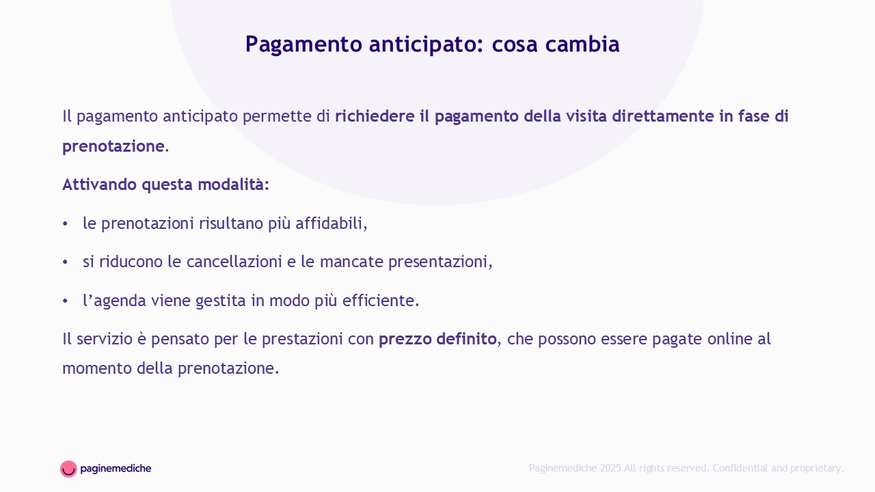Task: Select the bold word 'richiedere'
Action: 375,116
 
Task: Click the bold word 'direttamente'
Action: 663,116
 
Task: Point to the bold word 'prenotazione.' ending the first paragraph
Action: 116,147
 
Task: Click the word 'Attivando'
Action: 100,184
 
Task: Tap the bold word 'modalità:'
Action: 234,184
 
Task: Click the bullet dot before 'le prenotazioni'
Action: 65,224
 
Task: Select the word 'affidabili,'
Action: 332,223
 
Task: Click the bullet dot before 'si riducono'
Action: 65,262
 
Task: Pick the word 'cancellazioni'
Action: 234,262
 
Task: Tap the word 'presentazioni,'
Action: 440,262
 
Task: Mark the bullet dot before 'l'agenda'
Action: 65,301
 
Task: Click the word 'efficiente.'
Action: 381,300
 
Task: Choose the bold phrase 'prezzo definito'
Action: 437,339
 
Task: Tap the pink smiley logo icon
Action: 68,469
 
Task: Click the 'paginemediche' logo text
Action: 116,469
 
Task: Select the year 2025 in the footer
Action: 610,468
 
